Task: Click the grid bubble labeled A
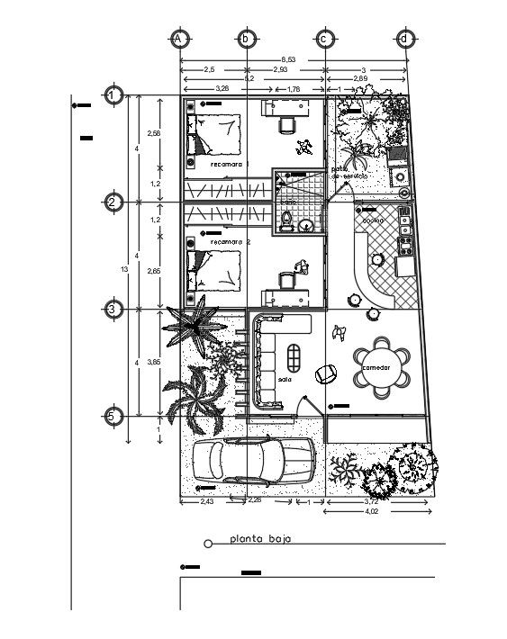pos(179,39)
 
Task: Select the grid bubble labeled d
pos(406,39)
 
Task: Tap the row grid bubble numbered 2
pos(113,203)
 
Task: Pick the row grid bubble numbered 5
pos(113,417)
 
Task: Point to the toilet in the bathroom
pos(286,221)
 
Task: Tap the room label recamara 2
pos(231,242)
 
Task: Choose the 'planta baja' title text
pos(257,541)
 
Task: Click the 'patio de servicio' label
pos(346,173)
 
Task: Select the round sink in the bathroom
pos(306,225)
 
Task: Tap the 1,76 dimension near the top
pos(294,89)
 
